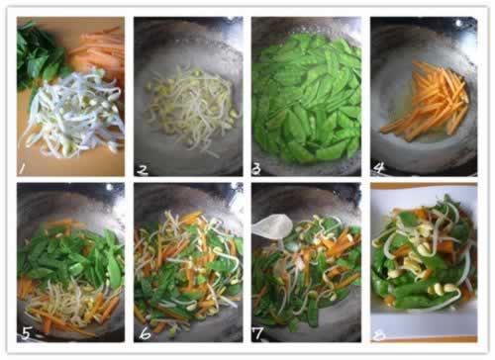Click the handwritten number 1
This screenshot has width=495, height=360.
(x=23, y=168)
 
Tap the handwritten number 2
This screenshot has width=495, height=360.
(x=143, y=170)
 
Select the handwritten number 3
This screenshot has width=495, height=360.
(x=256, y=169)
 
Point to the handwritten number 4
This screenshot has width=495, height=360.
(x=379, y=168)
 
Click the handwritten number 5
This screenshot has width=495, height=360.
(x=26, y=334)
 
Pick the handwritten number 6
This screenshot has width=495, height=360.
(x=145, y=334)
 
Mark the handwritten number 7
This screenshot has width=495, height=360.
(x=257, y=333)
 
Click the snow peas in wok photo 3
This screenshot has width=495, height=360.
(x=307, y=99)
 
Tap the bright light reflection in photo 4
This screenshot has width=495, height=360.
(x=458, y=23)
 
